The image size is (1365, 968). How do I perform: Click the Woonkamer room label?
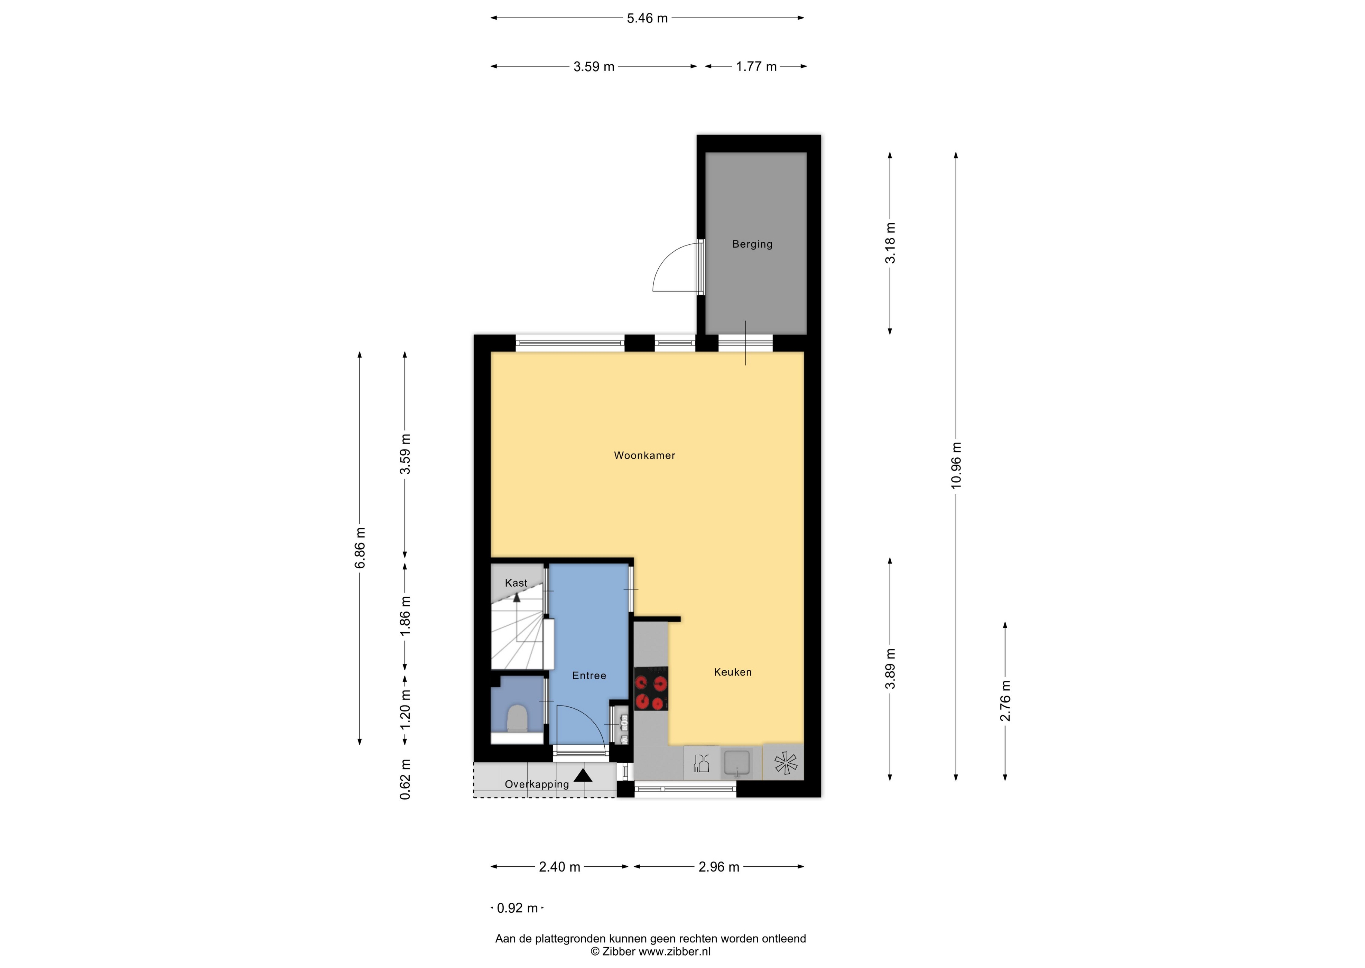pyautogui.click(x=644, y=455)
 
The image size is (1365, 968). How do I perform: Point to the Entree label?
pyautogui.click(x=589, y=675)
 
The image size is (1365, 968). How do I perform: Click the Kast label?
pyautogui.click(x=516, y=583)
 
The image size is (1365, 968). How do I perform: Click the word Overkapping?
pyautogui.click(x=537, y=784)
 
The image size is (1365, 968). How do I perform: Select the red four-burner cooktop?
pyautogui.click(x=651, y=688)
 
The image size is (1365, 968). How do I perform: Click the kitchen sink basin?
pyautogui.click(x=737, y=763)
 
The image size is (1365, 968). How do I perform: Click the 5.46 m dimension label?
pyautogui.click(x=647, y=18)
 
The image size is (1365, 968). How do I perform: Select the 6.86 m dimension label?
pyautogui.click(x=360, y=548)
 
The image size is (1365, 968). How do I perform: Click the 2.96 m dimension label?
pyautogui.click(x=719, y=867)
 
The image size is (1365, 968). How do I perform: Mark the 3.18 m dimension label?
pyautogui.click(x=890, y=243)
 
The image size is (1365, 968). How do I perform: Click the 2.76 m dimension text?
pyautogui.click(x=1005, y=701)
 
